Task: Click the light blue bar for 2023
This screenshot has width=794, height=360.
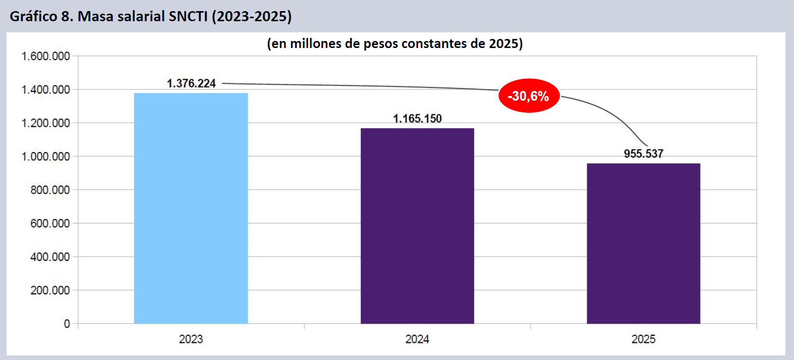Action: (x=191, y=208)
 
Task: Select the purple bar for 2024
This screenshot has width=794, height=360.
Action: (x=417, y=226)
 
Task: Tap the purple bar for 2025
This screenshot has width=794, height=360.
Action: (x=643, y=243)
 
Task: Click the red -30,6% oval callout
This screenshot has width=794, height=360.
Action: (x=529, y=96)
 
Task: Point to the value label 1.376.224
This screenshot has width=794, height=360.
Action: (x=191, y=83)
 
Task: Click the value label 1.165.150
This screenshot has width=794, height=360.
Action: (x=417, y=119)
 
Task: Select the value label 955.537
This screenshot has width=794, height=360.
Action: (x=643, y=154)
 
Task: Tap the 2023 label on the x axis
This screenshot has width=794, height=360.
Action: (x=191, y=339)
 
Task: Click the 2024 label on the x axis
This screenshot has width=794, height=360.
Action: (x=417, y=339)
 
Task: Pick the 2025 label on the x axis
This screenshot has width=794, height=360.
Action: (x=643, y=339)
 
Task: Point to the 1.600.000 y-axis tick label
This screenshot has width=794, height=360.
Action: (x=45, y=56)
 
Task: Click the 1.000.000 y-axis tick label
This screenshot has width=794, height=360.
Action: (x=45, y=157)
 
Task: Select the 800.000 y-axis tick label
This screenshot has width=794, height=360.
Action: (x=50, y=190)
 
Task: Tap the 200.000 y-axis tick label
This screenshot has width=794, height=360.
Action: (x=50, y=290)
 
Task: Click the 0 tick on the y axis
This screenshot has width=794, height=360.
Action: (x=67, y=324)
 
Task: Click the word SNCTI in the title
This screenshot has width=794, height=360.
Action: (x=188, y=17)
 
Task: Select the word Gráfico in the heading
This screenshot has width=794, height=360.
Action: (x=33, y=17)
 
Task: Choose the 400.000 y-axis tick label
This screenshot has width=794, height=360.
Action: (x=50, y=257)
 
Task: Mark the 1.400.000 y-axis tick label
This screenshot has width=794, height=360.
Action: (x=45, y=90)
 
